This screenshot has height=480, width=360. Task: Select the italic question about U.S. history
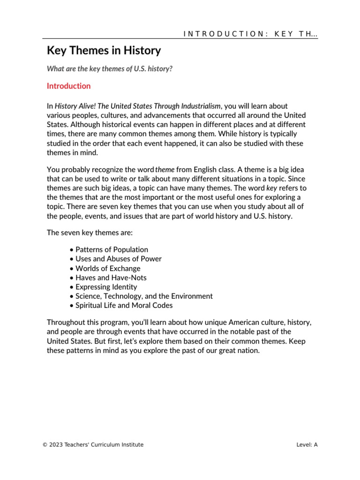(x=109, y=68)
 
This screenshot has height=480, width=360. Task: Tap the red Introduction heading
(x=68, y=86)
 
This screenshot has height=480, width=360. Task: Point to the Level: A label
(x=307, y=445)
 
